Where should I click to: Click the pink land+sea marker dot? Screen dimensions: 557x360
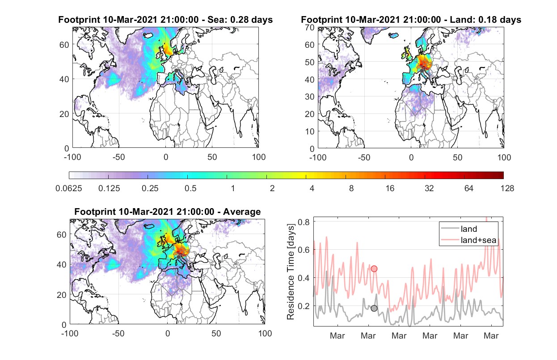[x=374, y=268]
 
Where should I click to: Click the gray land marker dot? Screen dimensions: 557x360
[x=374, y=308]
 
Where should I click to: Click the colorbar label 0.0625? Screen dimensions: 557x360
[x=69, y=188]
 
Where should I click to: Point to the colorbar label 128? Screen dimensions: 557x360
[x=507, y=188]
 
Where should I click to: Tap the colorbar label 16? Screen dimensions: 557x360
[x=390, y=188]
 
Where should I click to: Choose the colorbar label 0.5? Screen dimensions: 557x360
[x=190, y=188]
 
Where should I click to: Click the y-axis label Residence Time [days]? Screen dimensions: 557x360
[x=291, y=272]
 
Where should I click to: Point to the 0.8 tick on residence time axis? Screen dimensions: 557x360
[x=304, y=222]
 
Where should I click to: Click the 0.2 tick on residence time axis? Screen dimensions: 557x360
[x=304, y=306]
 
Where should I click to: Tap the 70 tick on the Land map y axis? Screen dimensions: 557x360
[x=310, y=27]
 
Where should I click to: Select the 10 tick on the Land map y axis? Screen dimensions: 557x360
[x=310, y=131]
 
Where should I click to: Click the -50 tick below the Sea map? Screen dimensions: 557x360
[x=118, y=157]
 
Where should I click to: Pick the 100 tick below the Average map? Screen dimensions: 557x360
[x=265, y=333]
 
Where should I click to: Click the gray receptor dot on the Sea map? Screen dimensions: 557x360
[x=176, y=71]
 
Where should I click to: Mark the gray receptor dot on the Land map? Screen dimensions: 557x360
[x=422, y=71]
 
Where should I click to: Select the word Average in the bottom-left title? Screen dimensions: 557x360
[x=242, y=212]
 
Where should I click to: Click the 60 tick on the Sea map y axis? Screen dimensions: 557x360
[x=64, y=45]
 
